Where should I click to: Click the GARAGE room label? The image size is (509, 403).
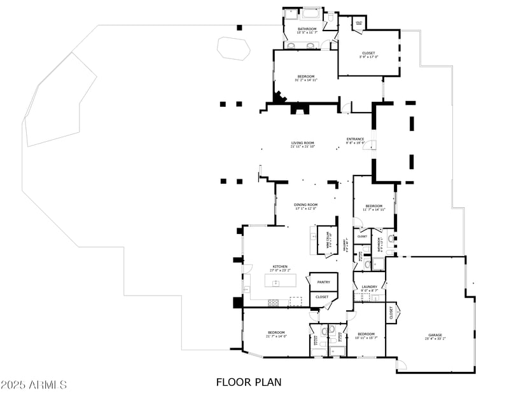pos(435,334)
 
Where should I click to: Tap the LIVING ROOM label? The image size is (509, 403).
pos(303,144)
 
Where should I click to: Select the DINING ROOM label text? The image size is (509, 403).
pos(305,205)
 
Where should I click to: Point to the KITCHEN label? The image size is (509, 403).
pos(280,266)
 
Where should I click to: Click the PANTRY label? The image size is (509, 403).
pos(323,281)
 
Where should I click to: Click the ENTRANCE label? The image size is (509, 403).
pos(355,139)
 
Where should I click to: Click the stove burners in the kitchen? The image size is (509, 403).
pos(275,301)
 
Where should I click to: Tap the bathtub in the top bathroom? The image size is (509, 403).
pos(311,13)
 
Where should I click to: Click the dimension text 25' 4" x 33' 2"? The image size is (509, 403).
pos(435,339)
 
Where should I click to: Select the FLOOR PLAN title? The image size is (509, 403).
pos(249,382)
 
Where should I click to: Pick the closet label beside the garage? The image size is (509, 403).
pos(390,313)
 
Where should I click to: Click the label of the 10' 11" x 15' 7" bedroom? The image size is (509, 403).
pos(366,334)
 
